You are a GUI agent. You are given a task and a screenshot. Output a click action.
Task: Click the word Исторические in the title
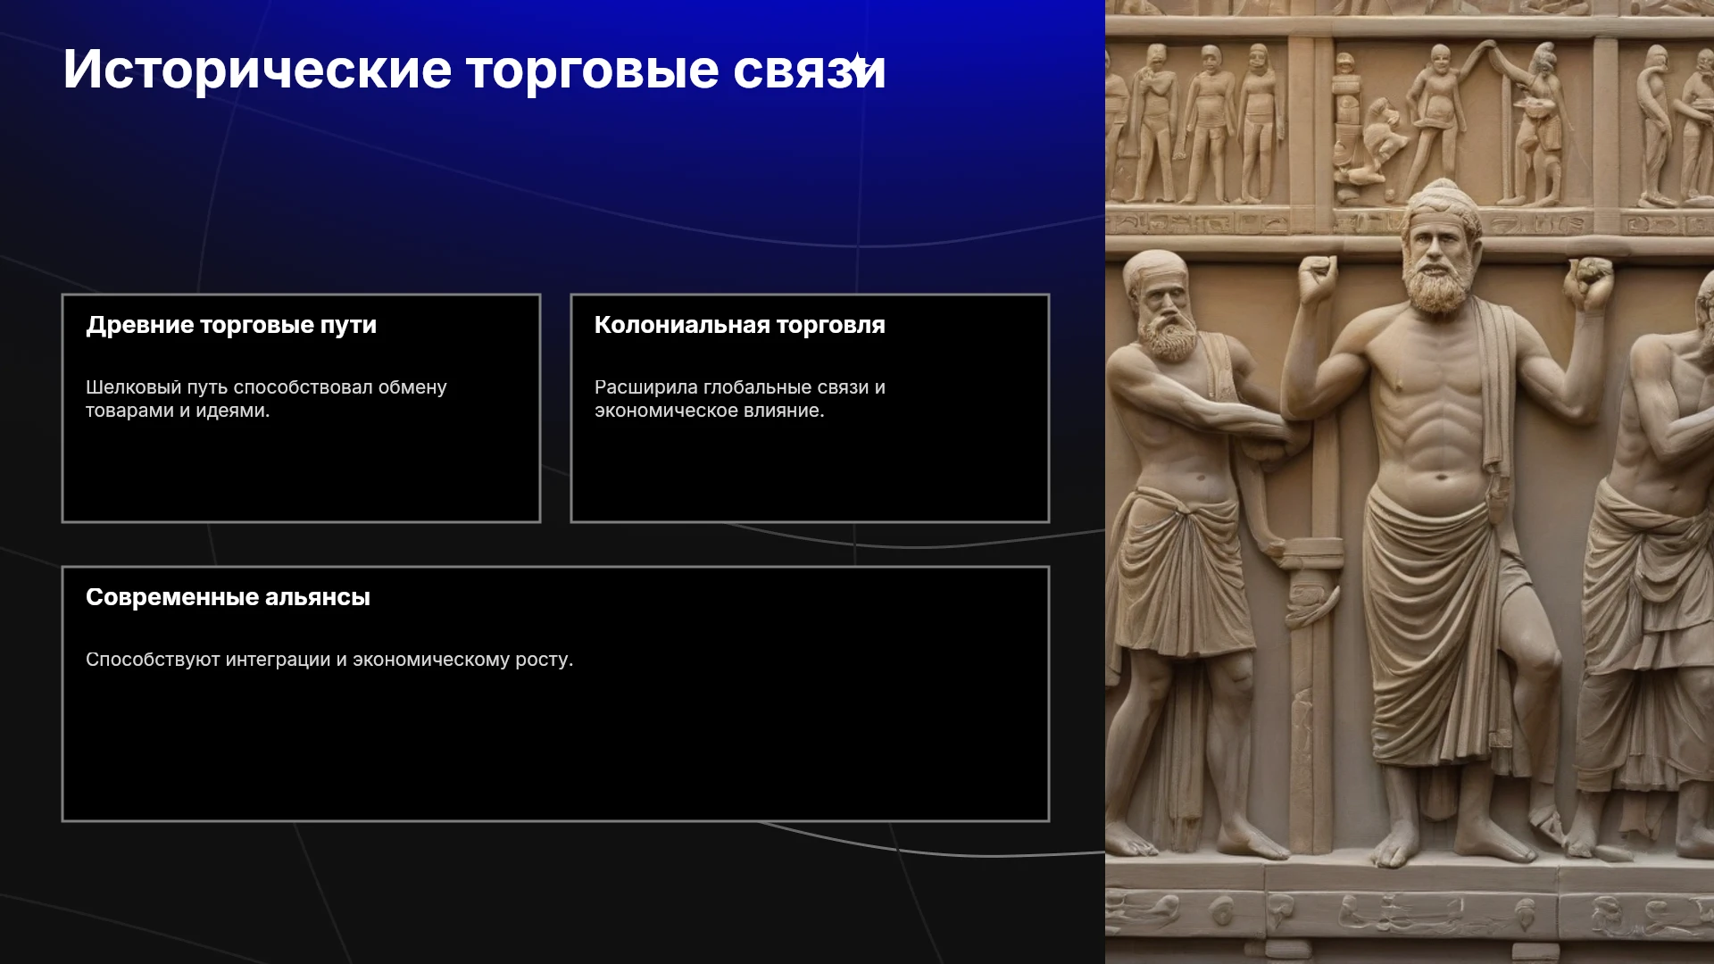[x=257, y=70]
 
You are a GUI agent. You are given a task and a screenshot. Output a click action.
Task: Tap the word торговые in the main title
[x=592, y=70]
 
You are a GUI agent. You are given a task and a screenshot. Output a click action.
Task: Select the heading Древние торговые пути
[x=231, y=325]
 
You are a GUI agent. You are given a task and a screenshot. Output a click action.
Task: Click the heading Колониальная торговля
[x=740, y=325]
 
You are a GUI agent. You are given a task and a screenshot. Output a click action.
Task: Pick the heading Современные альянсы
[x=228, y=597]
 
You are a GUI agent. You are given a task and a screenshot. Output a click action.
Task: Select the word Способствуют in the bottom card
[x=153, y=660]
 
